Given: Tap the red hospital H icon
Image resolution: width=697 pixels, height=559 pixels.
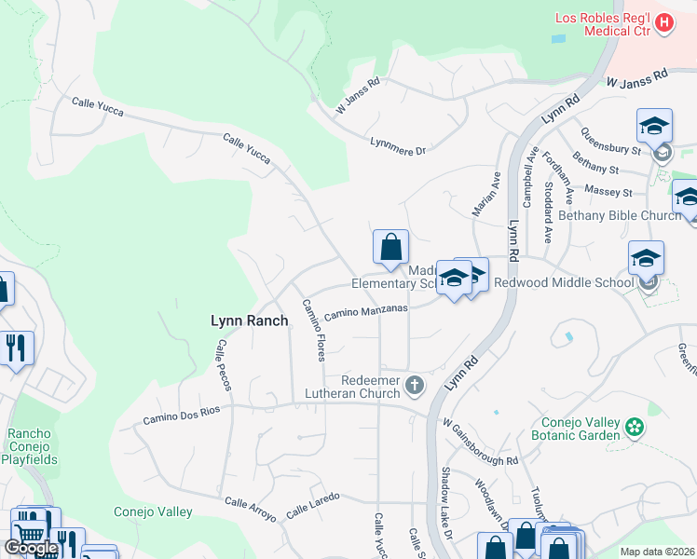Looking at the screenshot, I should pyautogui.click(x=664, y=22).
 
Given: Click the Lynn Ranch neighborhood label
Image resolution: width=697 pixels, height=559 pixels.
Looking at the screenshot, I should pyautogui.click(x=249, y=320).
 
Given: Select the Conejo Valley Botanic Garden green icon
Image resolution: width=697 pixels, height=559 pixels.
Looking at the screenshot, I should pyautogui.click(x=635, y=428).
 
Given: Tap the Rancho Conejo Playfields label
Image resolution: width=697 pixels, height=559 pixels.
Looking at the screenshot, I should pyautogui.click(x=33, y=446).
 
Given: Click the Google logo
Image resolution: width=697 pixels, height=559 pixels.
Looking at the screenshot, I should pyautogui.click(x=31, y=548).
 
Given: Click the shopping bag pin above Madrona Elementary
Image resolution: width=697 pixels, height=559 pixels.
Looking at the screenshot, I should pyautogui.click(x=390, y=247).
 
